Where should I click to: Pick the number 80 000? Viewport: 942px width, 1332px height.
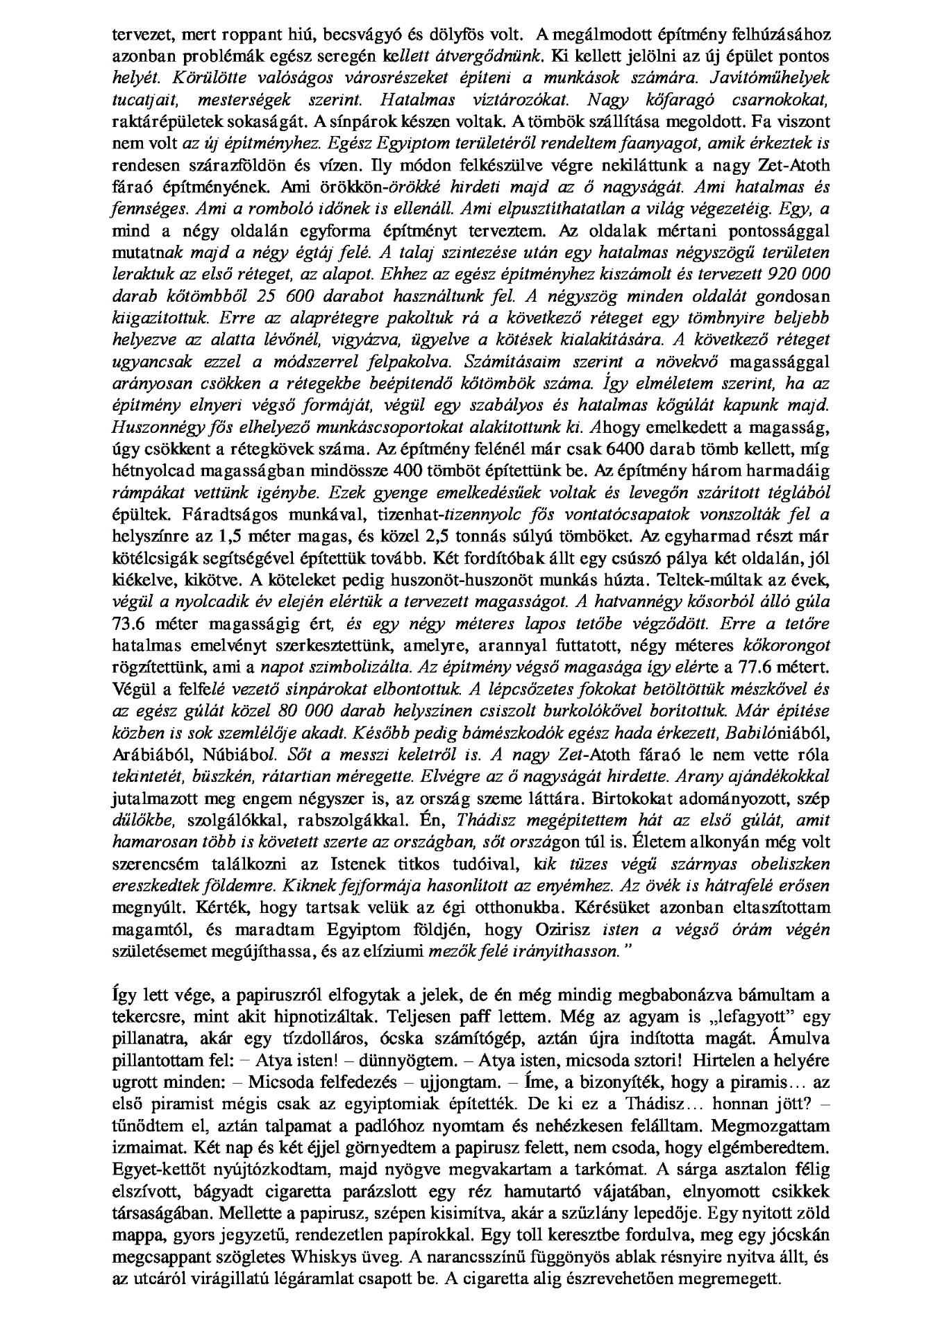coord(301,710)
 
